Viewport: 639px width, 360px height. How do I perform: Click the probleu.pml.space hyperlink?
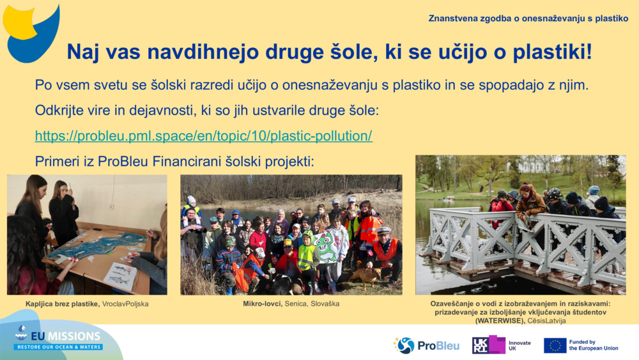tap(203, 136)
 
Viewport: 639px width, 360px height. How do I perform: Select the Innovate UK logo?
tap(501, 345)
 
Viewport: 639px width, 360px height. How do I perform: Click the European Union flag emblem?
tap(555, 345)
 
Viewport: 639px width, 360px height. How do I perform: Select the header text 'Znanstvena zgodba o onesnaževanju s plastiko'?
tap(528, 19)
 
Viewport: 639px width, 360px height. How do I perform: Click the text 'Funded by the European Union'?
tap(593, 345)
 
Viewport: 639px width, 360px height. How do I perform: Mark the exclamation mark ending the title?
tap(589, 52)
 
